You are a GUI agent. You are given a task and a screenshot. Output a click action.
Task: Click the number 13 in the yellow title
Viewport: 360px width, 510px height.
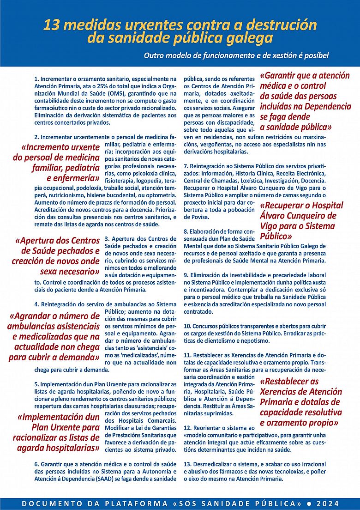coord(52,24)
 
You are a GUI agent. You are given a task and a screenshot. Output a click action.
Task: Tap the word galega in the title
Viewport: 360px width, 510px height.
coord(247,38)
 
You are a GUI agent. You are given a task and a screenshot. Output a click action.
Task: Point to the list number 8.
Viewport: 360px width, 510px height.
coord(186,231)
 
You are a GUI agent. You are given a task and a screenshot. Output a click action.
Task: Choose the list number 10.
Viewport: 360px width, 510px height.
coord(187,326)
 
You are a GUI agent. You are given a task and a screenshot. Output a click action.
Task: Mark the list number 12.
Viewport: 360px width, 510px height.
coord(187,428)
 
